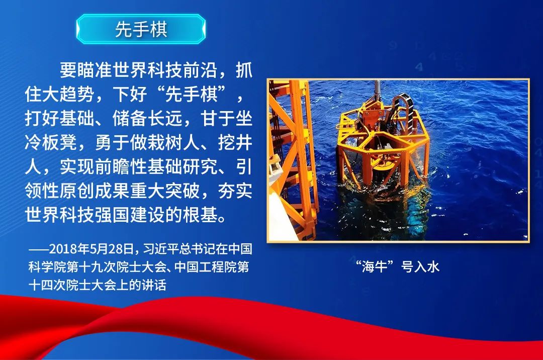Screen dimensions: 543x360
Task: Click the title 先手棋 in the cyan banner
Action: tap(141, 29)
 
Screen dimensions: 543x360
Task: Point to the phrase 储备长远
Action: tap(147, 118)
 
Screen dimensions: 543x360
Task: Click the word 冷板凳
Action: tap(51, 142)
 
